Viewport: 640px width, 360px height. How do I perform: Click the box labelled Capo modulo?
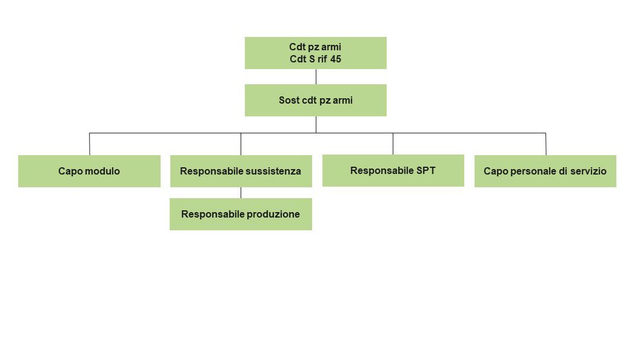89,171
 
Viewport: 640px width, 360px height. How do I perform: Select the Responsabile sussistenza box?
241,171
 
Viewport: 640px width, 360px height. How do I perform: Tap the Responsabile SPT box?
393,171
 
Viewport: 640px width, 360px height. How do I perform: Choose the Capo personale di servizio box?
545,171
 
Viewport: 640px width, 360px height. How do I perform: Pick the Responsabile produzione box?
241,215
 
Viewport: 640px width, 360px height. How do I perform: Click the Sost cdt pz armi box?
316,101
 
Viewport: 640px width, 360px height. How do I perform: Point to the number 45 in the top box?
336,59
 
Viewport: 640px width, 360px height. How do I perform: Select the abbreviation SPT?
425,171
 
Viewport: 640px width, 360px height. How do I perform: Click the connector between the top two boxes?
316,77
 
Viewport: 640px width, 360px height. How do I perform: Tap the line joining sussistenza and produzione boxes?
241,193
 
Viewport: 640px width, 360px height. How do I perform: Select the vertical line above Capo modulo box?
89,144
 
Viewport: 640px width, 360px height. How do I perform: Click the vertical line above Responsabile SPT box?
393,144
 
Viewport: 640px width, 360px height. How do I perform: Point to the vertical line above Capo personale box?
545,144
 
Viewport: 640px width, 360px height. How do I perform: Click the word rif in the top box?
322,59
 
